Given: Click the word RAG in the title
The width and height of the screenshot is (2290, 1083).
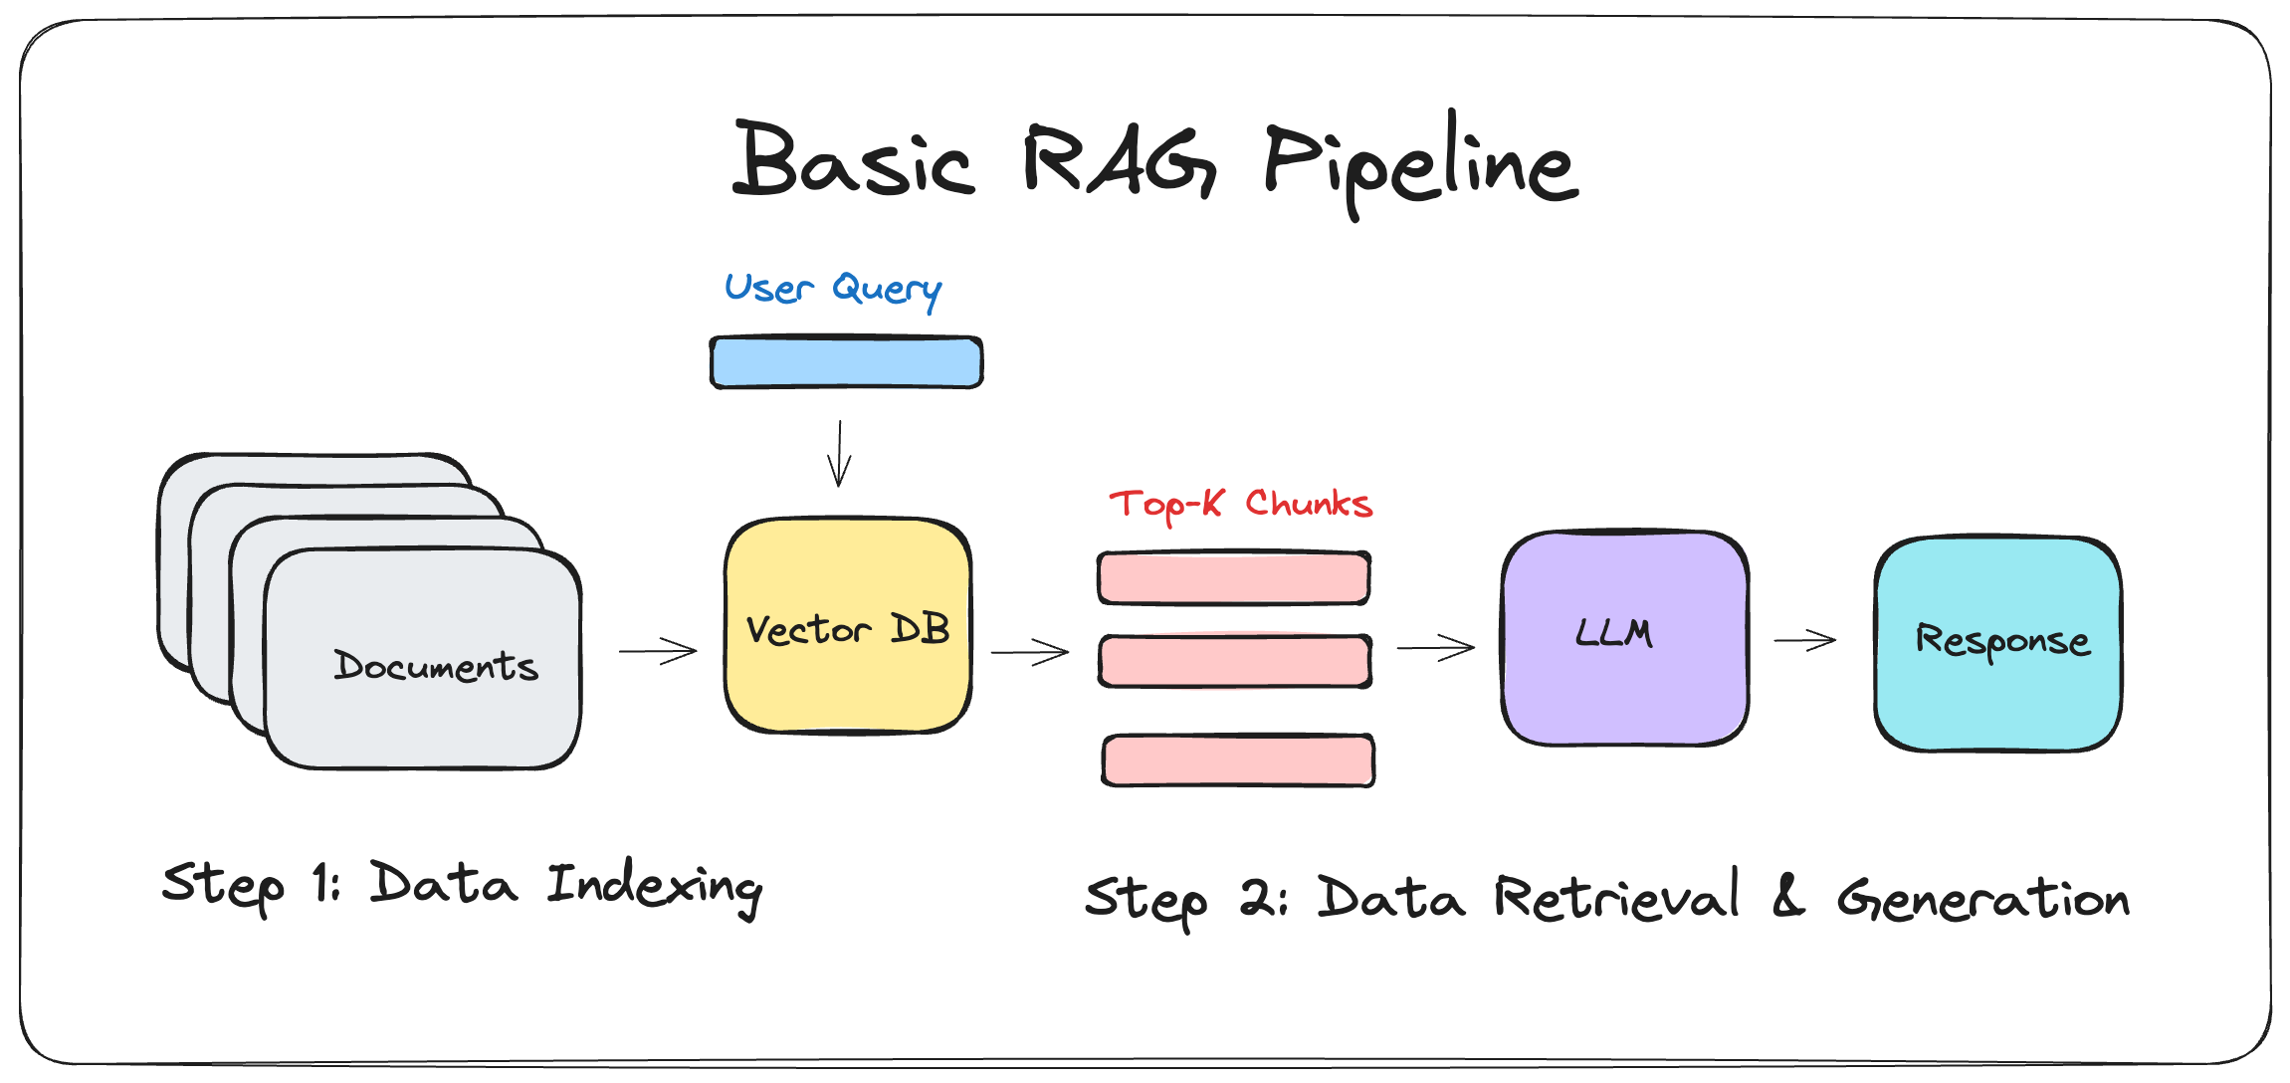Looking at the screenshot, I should pyautogui.click(x=1117, y=161).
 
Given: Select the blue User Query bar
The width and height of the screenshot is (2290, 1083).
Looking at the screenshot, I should pyautogui.click(x=846, y=362).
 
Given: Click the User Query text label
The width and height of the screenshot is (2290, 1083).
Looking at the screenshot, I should pyautogui.click(x=832, y=290).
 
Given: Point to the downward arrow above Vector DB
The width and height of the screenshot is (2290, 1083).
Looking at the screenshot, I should pyautogui.click(x=840, y=454).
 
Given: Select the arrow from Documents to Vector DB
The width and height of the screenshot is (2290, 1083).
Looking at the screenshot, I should pyautogui.click(x=658, y=652).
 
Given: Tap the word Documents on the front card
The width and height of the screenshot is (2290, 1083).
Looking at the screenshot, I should pyautogui.click(x=435, y=665).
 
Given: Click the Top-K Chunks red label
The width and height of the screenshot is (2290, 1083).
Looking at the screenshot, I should pyautogui.click(x=1240, y=505).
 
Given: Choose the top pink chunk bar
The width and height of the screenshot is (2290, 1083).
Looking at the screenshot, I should pyautogui.click(x=1234, y=578).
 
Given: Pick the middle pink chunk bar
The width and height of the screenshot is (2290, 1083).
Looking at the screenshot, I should pyautogui.click(x=1235, y=661).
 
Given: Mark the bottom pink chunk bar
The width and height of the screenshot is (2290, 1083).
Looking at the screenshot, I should pyautogui.click(x=1238, y=760).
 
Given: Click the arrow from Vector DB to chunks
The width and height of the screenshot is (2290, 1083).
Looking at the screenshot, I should pyautogui.click(x=1030, y=653).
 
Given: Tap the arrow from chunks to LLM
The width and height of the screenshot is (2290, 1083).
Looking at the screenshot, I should pyautogui.click(x=1435, y=648).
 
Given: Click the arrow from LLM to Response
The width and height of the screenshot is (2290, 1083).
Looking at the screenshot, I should pyautogui.click(x=1804, y=641).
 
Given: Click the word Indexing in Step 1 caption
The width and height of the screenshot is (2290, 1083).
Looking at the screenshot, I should pyautogui.click(x=654, y=886).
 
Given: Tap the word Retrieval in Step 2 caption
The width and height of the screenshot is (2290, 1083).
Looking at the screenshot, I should pyautogui.click(x=1617, y=896).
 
